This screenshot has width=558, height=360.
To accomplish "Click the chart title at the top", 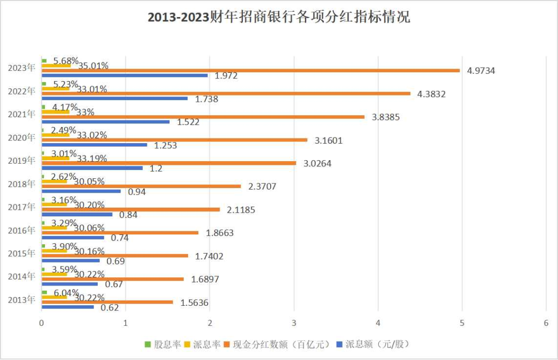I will pyautogui.click(x=279, y=17).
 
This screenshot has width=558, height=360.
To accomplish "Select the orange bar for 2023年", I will pyautogui.click(x=251, y=70).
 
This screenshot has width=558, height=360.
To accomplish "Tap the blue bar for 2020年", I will pyautogui.click(x=94, y=145).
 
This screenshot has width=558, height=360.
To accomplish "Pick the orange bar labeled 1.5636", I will pyautogui.click(x=107, y=302).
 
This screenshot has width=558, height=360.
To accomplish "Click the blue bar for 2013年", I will pyautogui.click(x=68, y=307).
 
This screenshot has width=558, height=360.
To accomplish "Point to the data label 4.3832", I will pyautogui.click(x=431, y=94).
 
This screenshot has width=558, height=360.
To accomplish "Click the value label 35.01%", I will pyautogui.click(x=93, y=66).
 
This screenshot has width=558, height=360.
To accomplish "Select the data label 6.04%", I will pyautogui.click(x=66, y=292).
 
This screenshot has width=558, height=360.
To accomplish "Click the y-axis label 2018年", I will pyautogui.click(x=22, y=183).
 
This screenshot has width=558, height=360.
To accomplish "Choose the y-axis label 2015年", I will pyautogui.click(x=22, y=253).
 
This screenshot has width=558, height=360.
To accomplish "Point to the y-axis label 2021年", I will pyautogui.click(x=22, y=114).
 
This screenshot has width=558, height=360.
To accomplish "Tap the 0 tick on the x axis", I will pyautogui.click(x=41, y=322).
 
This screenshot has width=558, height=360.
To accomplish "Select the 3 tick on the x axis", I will pyautogui.click(x=294, y=322).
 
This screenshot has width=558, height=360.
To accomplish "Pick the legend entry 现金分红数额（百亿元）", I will pyautogui.click(x=281, y=344).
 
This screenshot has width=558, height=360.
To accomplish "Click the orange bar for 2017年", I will pyautogui.click(x=131, y=210).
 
